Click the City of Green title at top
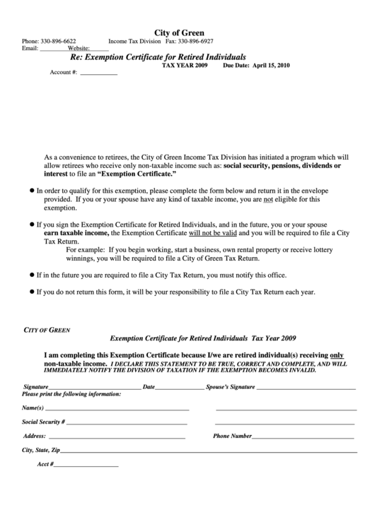tap(180, 32)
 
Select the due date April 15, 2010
tap(271, 65)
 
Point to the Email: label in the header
tap(30, 49)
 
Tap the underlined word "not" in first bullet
tap(268, 200)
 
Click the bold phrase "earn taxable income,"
tap(76, 232)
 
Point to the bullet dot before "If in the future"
tap(30, 274)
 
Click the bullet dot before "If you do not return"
tap(30, 292)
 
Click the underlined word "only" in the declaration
tap(337, 355)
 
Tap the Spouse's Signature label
tap(230, 388)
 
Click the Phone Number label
tap(232, 436)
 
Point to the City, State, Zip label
tap(41, 450)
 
